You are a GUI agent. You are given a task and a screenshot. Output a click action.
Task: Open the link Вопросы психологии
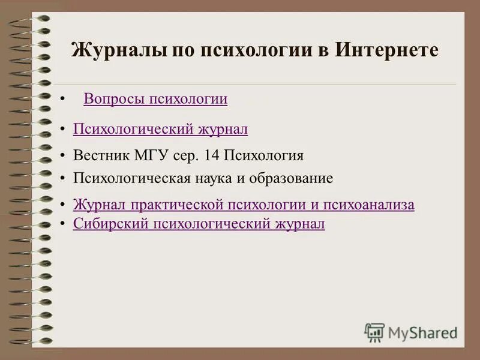155,99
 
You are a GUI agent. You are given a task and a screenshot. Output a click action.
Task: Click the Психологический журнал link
160,129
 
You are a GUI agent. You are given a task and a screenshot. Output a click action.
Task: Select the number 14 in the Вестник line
212,156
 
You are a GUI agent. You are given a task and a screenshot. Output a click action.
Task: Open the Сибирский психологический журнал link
199,224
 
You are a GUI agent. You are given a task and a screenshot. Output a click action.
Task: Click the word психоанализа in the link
368,205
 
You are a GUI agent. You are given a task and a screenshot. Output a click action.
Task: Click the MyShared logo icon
375,332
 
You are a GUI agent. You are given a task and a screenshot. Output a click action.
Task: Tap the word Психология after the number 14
264,156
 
